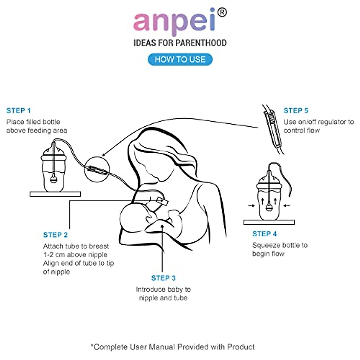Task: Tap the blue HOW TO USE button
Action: [x=180, y=59]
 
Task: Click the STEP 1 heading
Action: [x=19, y=111]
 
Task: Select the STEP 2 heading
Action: [x=55, y=235]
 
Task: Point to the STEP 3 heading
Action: [x=163, y=278]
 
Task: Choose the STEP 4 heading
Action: [x=265, y=234]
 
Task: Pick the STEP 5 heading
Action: [x=296, y=111]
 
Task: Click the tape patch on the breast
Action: [x=162, y=201]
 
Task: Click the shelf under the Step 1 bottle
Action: [x=55, y=194]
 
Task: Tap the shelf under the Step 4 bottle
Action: [x=269, y=222]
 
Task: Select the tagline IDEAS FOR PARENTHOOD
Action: [x=180, y=43]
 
